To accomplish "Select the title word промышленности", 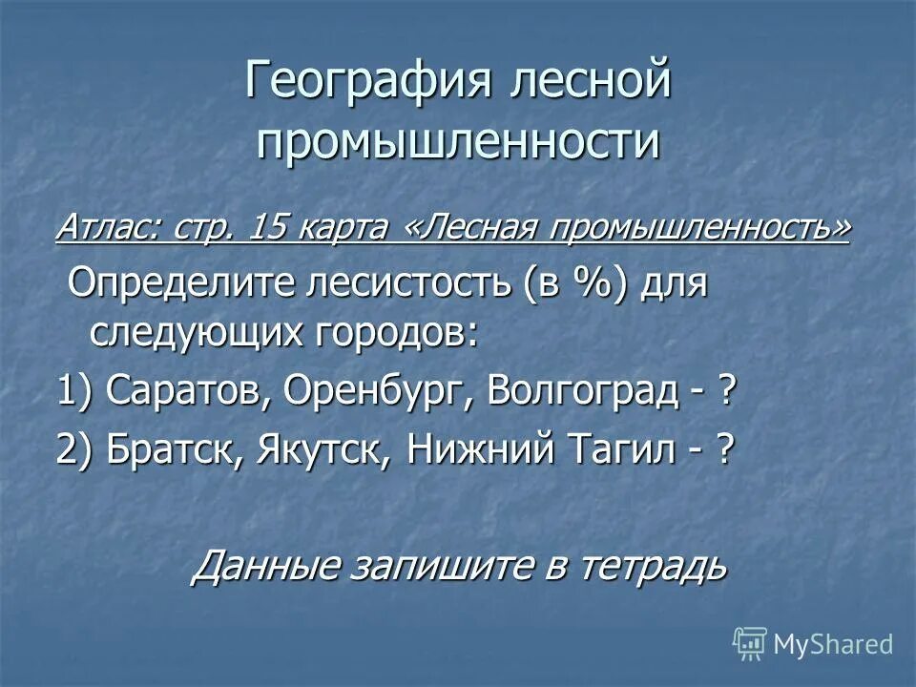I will click(x=458, y=140).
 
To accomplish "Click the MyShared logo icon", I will click(x=750, y=643).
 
